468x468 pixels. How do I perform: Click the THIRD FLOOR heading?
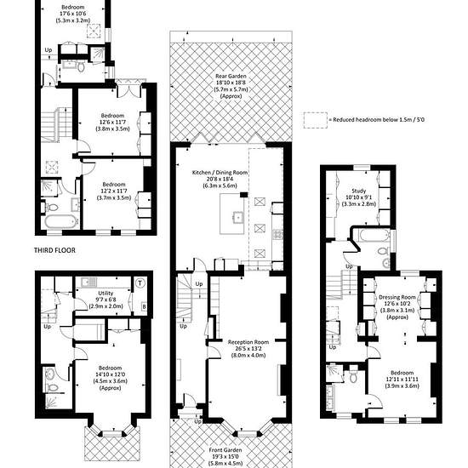pos(54,250)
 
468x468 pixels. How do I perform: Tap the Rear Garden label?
pos(231,77)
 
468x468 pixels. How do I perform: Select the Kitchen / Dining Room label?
pos(220,173)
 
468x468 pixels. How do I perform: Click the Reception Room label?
pos(248,342)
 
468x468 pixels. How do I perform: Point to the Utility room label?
pos(106,293)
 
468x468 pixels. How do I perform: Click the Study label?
pos(358,191)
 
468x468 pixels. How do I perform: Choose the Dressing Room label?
pos(397,297)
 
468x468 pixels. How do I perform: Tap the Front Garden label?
pos(225,450)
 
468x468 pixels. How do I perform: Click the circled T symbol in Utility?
pos(140,283)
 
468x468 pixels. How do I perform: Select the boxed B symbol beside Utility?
pos(144,306)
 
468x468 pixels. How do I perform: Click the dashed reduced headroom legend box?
pos(316,120)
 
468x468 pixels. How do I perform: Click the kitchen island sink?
pos(238,217)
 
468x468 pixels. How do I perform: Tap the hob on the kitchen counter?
pos(277,234)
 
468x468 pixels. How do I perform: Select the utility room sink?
pos(88,282)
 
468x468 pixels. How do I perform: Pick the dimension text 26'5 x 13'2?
pos(248,349)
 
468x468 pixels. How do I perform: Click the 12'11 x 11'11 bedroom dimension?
pos(402,379)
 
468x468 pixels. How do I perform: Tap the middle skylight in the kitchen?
pos(259,228)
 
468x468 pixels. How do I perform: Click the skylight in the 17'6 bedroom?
pos(94,31)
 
